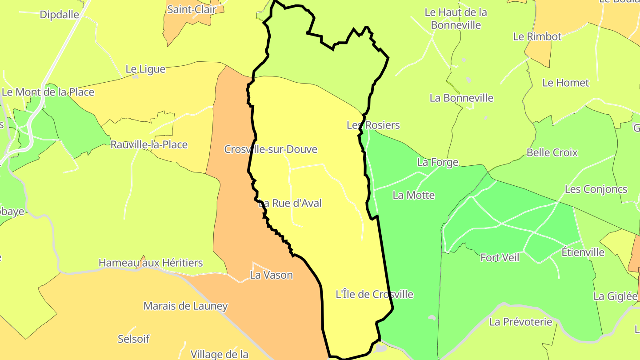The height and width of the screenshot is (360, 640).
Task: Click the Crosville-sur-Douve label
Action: point(271,149)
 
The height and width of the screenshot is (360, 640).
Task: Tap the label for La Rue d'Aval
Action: point(290,204)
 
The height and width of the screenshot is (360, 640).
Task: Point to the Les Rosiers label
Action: point(373,125)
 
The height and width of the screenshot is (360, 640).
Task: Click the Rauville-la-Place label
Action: point(149,145)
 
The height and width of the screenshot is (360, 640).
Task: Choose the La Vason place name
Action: point(271,275)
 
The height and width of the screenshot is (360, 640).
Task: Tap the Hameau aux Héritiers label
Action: point(151,263)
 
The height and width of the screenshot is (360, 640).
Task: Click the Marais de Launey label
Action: point(185,306)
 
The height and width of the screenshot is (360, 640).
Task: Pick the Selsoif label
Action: point(133,339)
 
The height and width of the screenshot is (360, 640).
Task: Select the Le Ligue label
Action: point(145,69)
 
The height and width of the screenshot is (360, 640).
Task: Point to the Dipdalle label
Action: point(60,15)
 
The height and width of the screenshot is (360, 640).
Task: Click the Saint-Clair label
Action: point(192,9)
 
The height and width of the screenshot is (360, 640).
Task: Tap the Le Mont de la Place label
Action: point(48,92)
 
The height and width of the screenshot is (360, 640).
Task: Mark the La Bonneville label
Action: point(461,98)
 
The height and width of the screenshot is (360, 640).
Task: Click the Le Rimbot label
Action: point(537,36)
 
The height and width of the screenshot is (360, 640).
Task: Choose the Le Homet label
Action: point(565,83)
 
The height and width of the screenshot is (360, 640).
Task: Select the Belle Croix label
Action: point(552,152)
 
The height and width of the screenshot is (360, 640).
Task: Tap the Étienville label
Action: point(583,252)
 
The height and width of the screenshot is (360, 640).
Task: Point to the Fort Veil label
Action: point(500,257)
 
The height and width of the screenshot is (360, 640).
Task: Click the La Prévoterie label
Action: point(520,322)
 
